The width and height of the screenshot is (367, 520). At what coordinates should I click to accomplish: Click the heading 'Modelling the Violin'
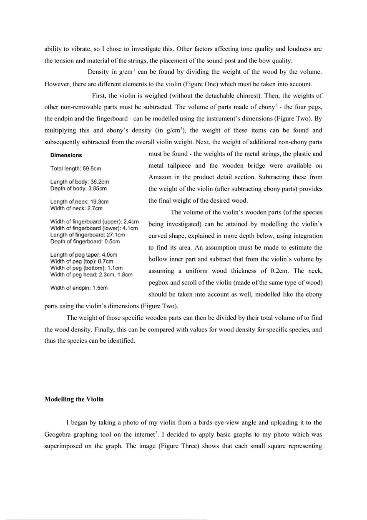pos(74,399)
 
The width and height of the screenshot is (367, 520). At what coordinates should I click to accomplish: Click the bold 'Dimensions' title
pos(66,155)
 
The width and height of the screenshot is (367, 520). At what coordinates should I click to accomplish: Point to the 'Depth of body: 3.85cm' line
pos(78,188)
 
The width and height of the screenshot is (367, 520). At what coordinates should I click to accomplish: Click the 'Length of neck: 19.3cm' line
pos(79,202)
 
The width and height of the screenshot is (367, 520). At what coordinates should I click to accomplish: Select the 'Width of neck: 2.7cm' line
pos(76,208)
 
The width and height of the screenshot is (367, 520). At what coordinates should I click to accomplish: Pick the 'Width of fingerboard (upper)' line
pos(94,221)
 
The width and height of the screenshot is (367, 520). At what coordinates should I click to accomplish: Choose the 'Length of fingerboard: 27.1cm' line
pos(88,235)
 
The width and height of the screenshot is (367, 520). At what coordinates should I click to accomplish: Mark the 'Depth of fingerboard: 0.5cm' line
pos(85,241)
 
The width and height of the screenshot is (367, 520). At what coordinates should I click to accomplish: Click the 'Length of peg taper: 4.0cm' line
pos(83,254)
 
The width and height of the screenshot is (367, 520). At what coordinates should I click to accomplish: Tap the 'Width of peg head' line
pos(91,274)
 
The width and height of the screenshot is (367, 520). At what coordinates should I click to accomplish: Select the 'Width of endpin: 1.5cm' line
pos(79,288)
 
